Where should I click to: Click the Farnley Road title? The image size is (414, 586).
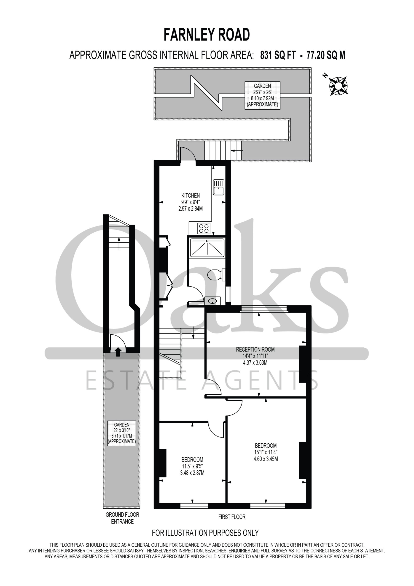click(x=207, y=35)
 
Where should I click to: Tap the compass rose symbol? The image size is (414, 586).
click(x=338, y=86)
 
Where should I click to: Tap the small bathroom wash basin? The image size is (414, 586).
click(x=212, y=301)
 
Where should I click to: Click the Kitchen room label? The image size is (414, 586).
click(x=191, y=195)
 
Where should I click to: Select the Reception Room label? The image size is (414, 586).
click(x=255, y=349)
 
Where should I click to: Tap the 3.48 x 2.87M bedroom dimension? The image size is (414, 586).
click(x=192, y=473)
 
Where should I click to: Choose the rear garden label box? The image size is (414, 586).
click(x=263, y=95)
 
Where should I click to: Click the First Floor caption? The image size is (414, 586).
click(x=232, y=517)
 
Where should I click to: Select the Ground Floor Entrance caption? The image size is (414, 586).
click(x=122, y=518)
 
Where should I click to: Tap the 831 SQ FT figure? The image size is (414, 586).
click(x=278, y=55)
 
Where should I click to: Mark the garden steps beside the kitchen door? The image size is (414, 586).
click(x=223, y=151)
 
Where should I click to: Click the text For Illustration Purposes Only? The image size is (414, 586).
click(x=205, y=533)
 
